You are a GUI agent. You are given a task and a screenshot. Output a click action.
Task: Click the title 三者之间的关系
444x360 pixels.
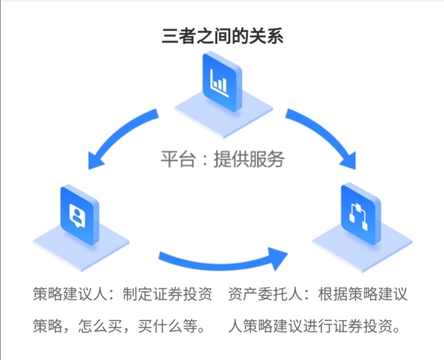(x=221, y=36)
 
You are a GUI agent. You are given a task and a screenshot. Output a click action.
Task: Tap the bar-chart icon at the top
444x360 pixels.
(x=219, y=81)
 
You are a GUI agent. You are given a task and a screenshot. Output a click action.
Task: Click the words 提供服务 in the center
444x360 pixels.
(x=249, y=159)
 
